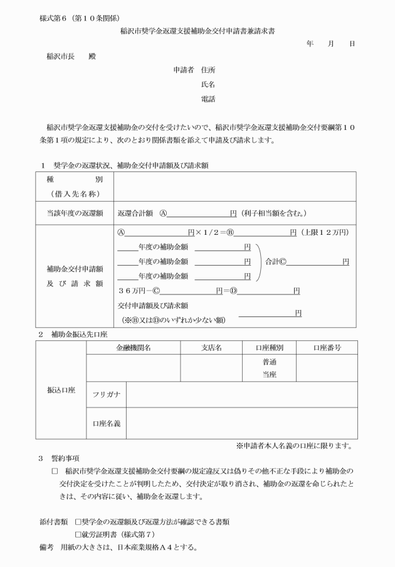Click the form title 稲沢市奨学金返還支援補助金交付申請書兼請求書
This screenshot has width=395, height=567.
click(x=197, y=30)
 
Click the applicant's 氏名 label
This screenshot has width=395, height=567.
click(x=208, y=84)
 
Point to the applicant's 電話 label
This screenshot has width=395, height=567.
click(x=208, y=99)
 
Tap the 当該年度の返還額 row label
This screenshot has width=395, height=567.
click(x=75, y=213)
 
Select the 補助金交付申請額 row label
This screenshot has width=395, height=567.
click(x=75, y=269)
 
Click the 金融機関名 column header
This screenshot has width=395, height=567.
click(x=133, y=347)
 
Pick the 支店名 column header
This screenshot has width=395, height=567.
click(x=211, y=347)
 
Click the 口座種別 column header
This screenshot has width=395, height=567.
click(x=269, y=347)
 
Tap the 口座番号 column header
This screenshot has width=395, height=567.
click(x=327, y=347)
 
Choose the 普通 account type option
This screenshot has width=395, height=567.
click(x=269, y=362)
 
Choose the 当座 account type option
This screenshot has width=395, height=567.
click(x=269, y=375)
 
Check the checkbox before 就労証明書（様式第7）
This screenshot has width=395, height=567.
click(x=78, y=534)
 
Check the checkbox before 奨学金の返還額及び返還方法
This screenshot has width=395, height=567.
click(x=78, y=521)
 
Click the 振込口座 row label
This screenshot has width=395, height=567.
click(x=61, y=390)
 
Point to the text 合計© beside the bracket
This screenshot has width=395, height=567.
click(x=276, y=261)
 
